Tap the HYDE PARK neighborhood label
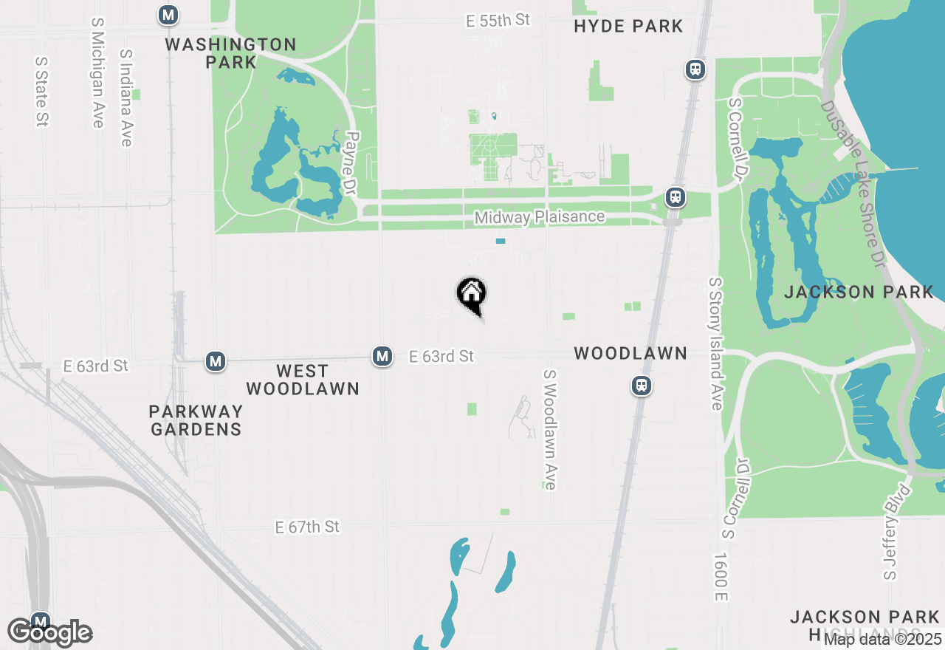[628, 27]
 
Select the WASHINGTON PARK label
[230, 53]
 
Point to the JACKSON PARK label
[859, 292]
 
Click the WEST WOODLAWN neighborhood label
[303, 379]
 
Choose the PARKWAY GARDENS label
[196, 420]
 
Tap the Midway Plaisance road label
[540, 217]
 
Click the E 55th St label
[498, 20]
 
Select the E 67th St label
[307, 527]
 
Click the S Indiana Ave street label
[126, 97]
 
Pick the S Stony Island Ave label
[715, 344]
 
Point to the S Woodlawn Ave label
[549, 430]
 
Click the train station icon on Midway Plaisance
[674, 197]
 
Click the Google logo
[50, 633]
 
